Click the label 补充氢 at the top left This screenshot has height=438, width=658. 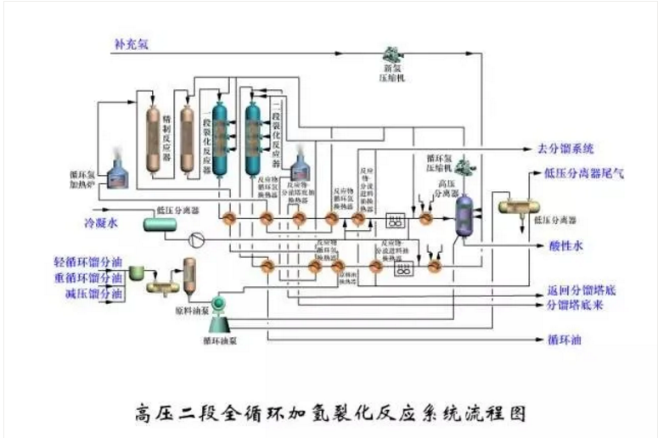(x=132, y=43)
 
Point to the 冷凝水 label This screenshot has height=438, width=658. (x=98, y=225)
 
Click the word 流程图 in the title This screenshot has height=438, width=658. (x=497, y=413)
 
